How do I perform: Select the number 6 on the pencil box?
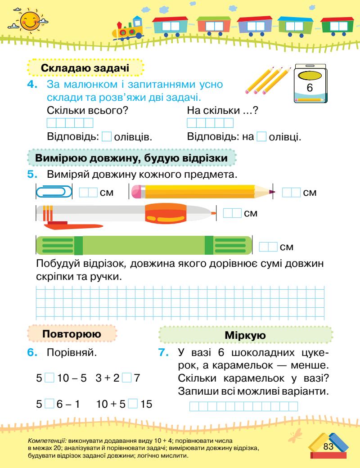click(309, 89)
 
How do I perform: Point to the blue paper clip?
click(54, 193)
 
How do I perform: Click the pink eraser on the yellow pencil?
click(137, 193)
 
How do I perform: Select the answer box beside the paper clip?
click(88, 193)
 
